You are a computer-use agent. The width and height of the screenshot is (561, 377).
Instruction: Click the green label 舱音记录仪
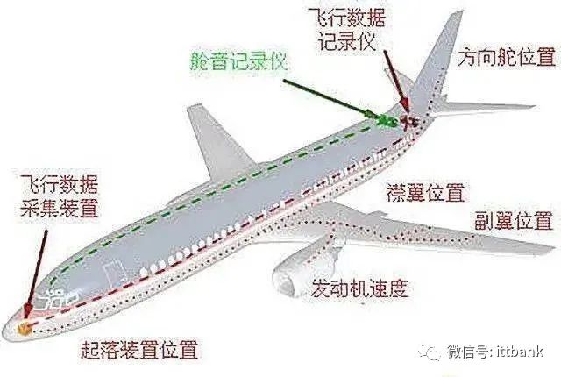(x=238, y=61)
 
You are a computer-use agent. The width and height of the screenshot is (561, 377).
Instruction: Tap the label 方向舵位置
(x=507, y=57)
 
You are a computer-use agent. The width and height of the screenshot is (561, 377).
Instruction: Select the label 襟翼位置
(x=425, y=192)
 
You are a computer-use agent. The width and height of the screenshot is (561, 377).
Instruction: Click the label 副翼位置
(x=514, y=220)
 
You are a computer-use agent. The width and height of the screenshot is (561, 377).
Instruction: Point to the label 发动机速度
(x=359, y=288)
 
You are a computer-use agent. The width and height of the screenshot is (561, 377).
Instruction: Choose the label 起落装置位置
(x=140, y=350)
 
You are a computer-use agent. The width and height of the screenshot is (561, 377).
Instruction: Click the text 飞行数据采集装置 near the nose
(x=59, y=196)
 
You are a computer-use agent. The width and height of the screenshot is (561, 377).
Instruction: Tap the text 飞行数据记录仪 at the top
(x=346, y=30)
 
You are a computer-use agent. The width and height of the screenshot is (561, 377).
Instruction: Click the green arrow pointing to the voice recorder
(x=331, y=99)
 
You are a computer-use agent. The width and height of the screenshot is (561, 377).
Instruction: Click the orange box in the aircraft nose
(x=25, y=329)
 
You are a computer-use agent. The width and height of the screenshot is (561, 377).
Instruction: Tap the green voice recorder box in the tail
(x=387, y=121)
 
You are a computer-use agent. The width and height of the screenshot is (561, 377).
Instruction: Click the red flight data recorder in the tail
(x=408, y=123)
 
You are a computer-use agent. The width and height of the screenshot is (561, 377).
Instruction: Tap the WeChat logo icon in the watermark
(x=430, y=352)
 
